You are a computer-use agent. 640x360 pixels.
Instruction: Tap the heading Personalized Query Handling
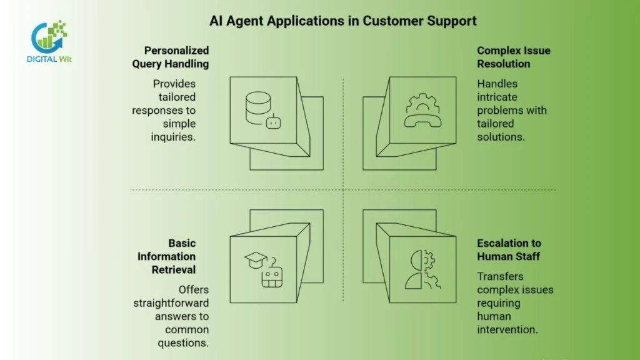[170, 57]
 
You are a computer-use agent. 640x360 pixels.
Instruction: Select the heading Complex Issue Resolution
[513, 57]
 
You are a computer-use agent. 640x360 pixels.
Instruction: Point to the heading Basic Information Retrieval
[166, 256]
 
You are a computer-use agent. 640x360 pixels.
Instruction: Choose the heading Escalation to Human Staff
[509, 249]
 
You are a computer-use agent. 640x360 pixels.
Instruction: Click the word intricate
[497, 97]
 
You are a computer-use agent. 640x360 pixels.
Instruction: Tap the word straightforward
[171, 303]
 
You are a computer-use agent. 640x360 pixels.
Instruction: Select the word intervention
[507, 329]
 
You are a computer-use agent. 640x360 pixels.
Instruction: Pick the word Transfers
[500, 276]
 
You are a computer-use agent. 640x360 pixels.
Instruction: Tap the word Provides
[174, 84]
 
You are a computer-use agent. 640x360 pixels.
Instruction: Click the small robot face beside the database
[272, 123]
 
